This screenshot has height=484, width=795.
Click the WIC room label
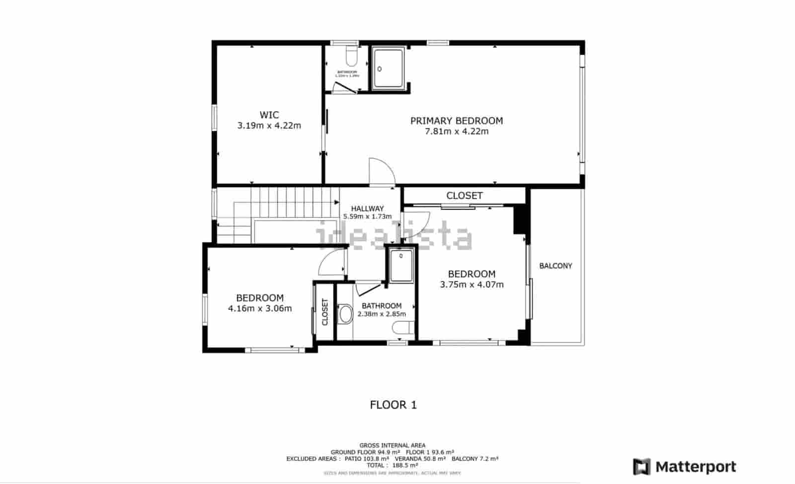pyautogui.click(x=269, y=115)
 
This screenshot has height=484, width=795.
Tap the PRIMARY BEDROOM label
pyautogui.click(x=456, y=121)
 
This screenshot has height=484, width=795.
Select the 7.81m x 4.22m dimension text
pyautogui.click(x=456, y=132)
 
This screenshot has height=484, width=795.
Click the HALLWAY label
pyautogui.click(x=367, y=208)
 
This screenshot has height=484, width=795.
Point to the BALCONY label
pyautogui.click(x=556, y=266)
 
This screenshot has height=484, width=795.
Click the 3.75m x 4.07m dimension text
pyautogui.click(x=472, y=285)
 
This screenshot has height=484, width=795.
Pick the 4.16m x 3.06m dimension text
pyautogui.click(x=260, y=308)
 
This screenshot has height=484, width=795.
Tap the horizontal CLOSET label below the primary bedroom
pyautogui.click(x=464, y=196)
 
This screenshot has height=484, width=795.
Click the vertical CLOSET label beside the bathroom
pyautogui.click(x=325, y=312)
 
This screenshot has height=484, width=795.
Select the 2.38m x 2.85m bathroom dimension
pyautogui.click(x=381, y=314)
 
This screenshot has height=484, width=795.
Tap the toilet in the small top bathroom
pyautogui.click(x=351, y=57)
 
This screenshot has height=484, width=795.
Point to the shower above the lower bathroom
pyautogui.click(x=401, y=266)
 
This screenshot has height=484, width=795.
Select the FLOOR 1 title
pyautogui.click(x=393, y=405)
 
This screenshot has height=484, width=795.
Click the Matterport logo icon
pyautogui.click(x=641, y=467)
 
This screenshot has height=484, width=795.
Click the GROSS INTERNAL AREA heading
pyautogui.click(x=392, y=445)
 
